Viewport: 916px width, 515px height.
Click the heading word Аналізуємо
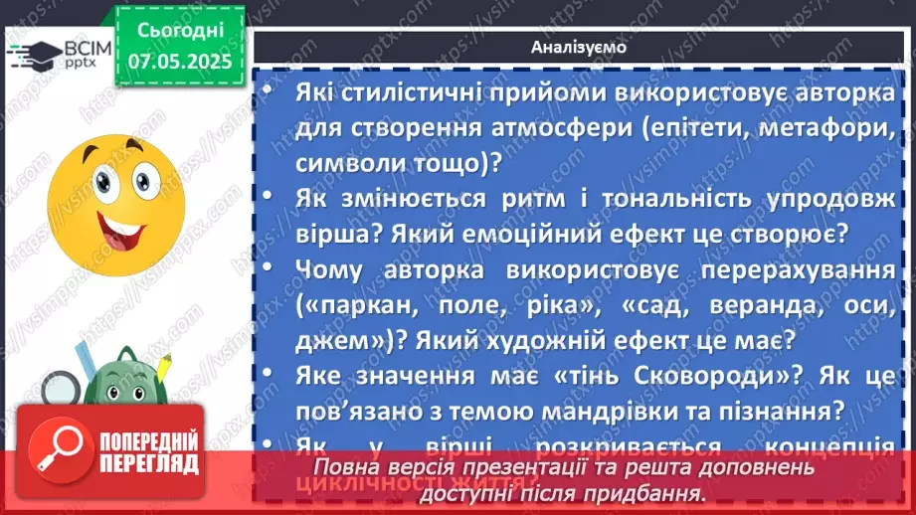(577, 46)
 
